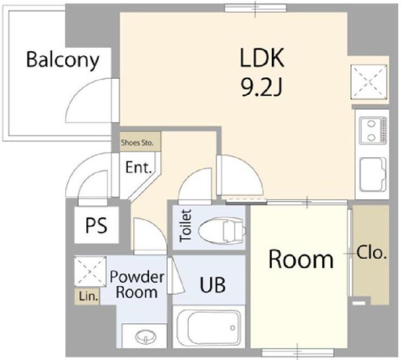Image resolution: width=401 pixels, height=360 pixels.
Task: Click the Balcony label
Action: [63, 60]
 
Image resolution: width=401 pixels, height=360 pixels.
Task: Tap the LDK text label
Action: [262, 58]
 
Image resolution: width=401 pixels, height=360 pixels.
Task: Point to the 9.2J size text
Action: [261, 87]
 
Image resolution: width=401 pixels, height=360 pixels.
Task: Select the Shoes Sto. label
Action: [137, 143]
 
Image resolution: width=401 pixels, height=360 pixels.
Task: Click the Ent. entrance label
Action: [139, 168]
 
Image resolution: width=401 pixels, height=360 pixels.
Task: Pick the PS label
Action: [96, 225]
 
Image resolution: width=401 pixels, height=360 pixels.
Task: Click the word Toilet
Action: [185, 225]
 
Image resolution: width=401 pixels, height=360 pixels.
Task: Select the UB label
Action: [212, 285]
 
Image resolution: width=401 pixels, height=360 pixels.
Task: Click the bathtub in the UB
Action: [209, 327]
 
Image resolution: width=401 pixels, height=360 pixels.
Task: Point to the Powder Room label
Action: [137, 285]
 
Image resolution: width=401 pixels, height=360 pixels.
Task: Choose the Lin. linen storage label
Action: [88, 296]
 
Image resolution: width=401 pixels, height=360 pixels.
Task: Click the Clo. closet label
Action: [371, 253]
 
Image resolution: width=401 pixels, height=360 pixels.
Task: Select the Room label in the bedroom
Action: [301, 259]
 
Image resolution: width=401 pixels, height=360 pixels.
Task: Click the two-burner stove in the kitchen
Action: [372, 130]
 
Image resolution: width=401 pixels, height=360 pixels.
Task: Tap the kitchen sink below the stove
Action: [372, 175]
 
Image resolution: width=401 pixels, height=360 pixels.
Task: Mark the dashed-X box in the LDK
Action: [369, 81]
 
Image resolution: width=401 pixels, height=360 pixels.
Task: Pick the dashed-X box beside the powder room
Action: [90, 272]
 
